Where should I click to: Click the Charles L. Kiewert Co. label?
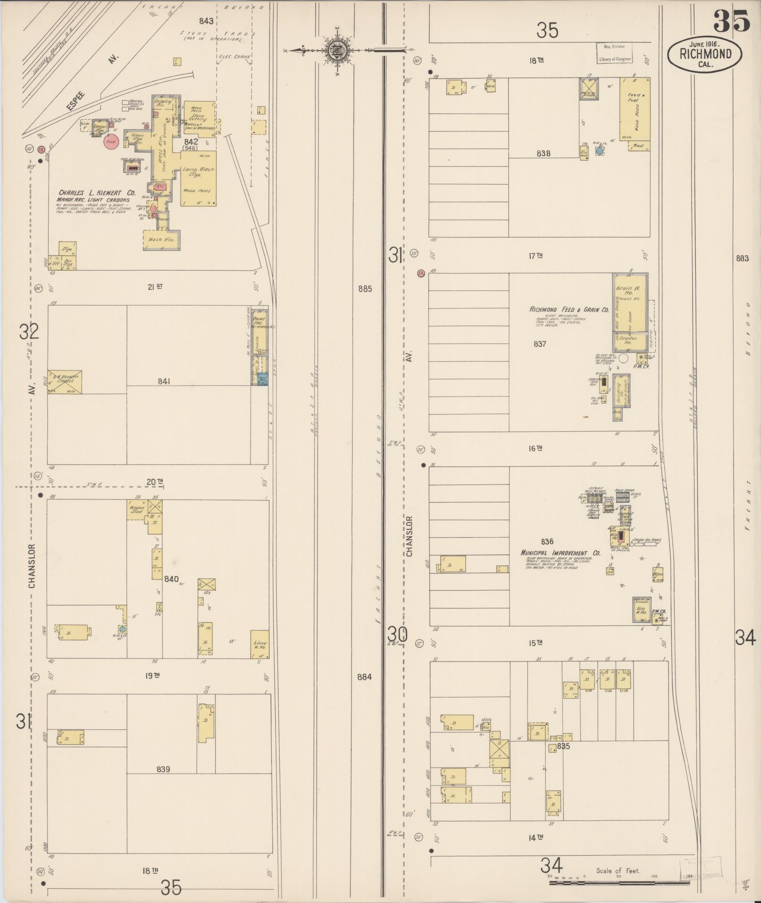click(x=97, y=193)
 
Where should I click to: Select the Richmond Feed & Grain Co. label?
click(x=569, y=310)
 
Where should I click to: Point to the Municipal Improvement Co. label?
click(x=560, y=553)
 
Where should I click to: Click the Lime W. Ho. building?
click(x=259, y=644)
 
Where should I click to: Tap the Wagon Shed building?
click(x=137, y=510)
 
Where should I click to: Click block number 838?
click(x=544, y=153)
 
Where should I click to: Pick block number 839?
click(x=163, y=769)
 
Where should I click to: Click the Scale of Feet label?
click(x=618, y=871)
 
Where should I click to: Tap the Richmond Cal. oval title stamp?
click(x=705, y=54)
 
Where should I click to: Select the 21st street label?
click(x=155, y=287)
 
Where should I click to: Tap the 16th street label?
click(x=535, y=448)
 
